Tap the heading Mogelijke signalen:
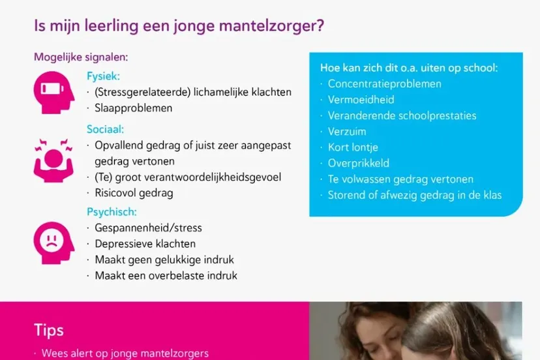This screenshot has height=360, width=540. click(81, 57)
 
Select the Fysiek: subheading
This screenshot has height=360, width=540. click(104, 76)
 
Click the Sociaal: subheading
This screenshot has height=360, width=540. click(106, 129)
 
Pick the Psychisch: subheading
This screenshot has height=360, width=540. click(112, 212)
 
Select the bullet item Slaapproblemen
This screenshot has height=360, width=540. click(134, 108)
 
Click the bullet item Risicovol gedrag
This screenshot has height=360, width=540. click(134, 193)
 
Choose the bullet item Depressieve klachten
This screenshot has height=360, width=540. click(145, 244)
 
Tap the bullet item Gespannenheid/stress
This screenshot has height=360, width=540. click(148, 228)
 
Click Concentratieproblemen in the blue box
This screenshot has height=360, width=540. click(384, 84)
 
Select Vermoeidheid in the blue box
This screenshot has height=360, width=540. click(361, 100)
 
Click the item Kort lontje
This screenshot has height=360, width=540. click(353, 147)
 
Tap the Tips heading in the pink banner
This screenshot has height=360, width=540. click(48, 330)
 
